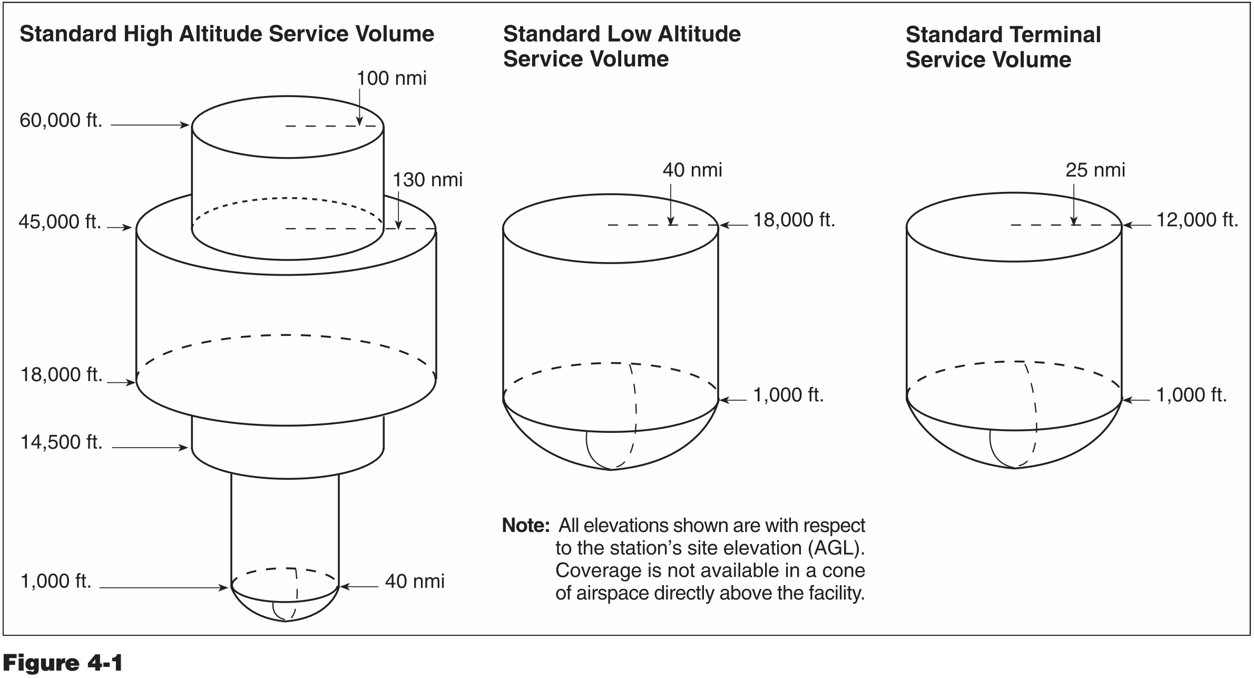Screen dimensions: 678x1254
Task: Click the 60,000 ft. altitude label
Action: (61, 121)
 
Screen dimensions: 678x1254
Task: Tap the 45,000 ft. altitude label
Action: (60, 222)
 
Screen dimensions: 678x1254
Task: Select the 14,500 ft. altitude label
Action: (62, 442)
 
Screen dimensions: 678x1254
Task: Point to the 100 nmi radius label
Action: (391, 79)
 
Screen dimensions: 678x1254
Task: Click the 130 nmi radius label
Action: (427, 180)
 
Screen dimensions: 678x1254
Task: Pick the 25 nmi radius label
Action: (1095, 170)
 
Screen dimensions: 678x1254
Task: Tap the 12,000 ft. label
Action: (1197, 220)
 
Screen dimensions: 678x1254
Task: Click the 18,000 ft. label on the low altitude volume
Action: (794, 220)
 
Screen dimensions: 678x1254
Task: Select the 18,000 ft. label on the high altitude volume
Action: (62, 375)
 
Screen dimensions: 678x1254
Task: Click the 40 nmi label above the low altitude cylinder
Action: (692, 170)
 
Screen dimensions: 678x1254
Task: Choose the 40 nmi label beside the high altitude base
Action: (415, 582)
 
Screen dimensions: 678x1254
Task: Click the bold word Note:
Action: (526, 526)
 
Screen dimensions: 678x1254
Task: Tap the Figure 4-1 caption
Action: (63, 662)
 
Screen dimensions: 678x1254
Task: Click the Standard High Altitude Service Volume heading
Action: (227, 34)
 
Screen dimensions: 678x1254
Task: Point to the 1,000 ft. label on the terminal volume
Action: (1191, 395)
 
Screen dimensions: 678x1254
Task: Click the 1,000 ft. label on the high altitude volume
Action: (56, 581)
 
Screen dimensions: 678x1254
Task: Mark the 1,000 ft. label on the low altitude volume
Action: (788, 395)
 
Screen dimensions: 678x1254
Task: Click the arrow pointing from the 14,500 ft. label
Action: (150, 448)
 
